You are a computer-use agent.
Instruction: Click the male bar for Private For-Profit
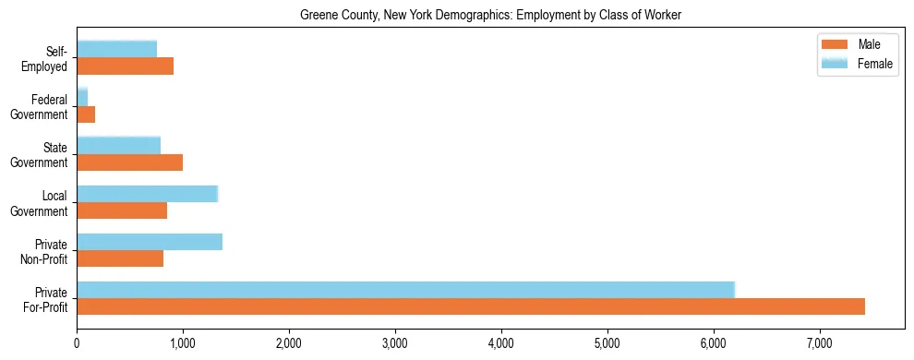tap(471, 306)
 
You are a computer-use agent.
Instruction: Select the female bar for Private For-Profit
tap(405, 290)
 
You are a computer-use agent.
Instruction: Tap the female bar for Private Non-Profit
tap(150, 242)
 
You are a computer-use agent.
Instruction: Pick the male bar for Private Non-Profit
tap(120, 258)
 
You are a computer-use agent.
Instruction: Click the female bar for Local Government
tap(147, 194)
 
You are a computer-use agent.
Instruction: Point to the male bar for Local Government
tap(122, 210)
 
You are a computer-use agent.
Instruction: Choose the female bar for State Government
tap(118, 146)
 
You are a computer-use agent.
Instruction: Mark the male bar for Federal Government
tap(86, 114)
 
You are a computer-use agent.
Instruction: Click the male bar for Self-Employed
tap(125, 66)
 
